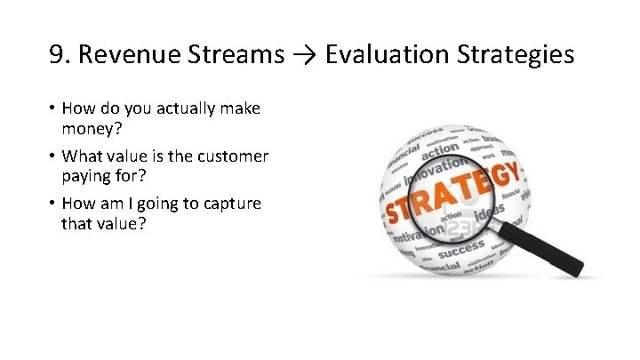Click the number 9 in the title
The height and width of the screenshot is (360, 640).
[x=58, y=56]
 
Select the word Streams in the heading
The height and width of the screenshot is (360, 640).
[x=234, y=56]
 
